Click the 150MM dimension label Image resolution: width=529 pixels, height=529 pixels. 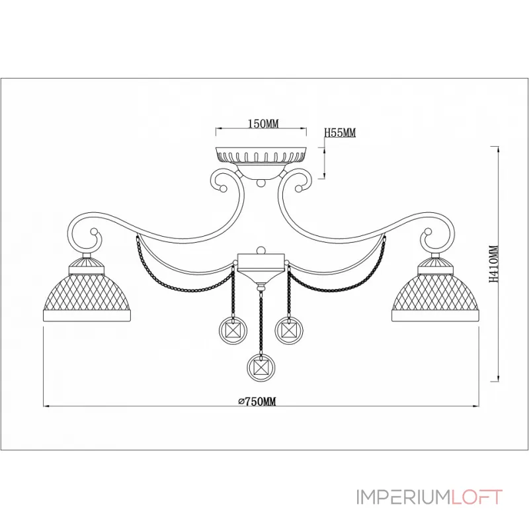click(263, 124)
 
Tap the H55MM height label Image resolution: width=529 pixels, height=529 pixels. click(340, 133)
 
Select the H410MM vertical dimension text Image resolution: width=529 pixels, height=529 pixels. click(493, 264)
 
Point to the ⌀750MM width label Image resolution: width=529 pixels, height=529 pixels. click(257, 401)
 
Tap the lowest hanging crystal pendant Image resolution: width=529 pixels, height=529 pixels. click(261, 367)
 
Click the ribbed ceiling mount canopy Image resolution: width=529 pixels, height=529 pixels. click(261, 155)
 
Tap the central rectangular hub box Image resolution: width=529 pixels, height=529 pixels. click(261, 263)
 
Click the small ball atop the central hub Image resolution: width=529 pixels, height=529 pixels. click(261, 250)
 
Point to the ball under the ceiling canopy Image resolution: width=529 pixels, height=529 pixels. click(261, 183)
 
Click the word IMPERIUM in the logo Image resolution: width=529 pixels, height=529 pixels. click(403, 497)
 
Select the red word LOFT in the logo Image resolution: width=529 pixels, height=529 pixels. click(476, 497)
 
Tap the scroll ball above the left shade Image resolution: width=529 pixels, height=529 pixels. click(94, 232)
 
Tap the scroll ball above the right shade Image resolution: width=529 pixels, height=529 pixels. click(428, 232)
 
